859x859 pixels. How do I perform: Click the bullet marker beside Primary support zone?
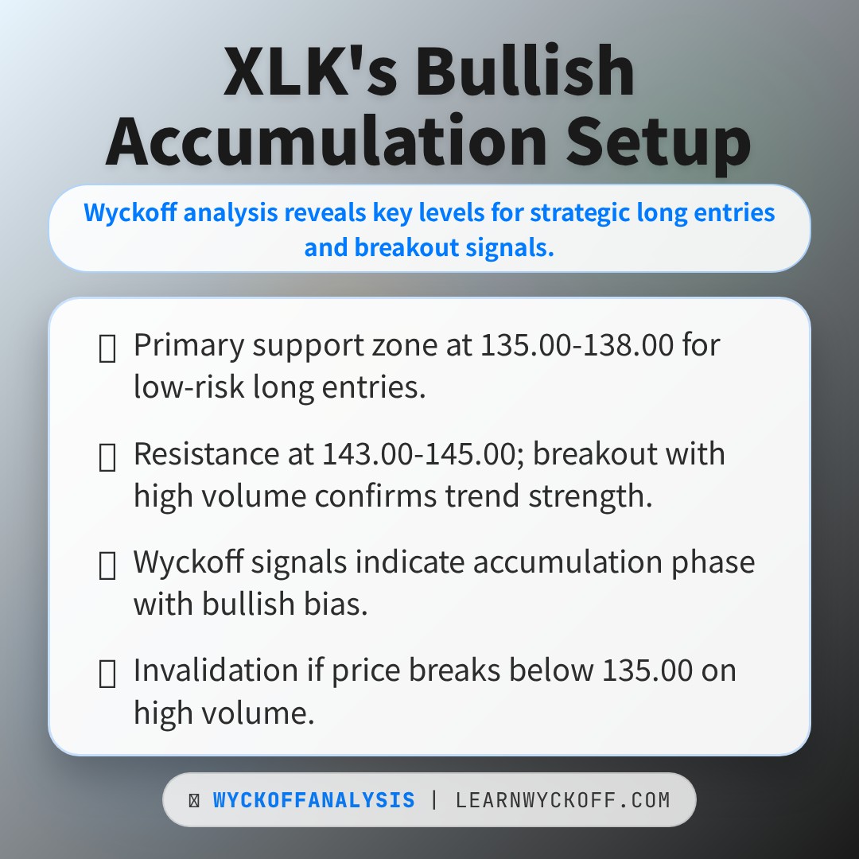107,348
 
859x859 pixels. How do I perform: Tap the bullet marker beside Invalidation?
107,673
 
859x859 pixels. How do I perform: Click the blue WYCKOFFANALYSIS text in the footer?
313,800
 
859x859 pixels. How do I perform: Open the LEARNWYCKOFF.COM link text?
562,800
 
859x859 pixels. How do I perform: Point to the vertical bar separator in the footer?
434,800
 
